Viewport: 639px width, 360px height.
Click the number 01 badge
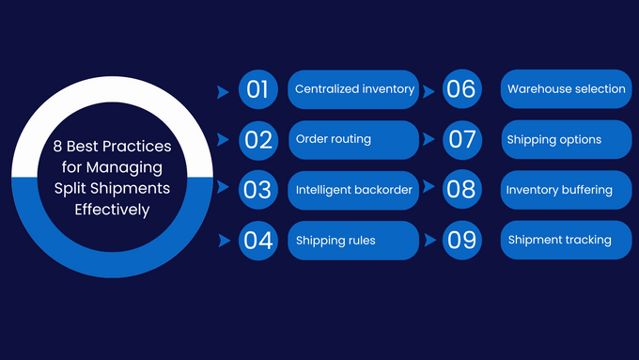257,89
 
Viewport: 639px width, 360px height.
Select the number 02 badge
257,139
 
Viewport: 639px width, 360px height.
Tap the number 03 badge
257,190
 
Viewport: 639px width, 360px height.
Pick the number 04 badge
257,240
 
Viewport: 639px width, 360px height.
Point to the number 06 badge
461,89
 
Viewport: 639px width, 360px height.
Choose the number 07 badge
461,139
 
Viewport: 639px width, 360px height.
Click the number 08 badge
461,190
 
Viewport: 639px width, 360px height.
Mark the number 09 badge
461,240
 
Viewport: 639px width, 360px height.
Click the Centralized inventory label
354,89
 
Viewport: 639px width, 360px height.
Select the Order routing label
334,139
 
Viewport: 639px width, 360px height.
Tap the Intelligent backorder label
354,190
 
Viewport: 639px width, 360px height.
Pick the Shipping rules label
335,241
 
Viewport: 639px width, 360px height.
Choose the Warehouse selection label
566,89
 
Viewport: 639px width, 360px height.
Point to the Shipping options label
553,140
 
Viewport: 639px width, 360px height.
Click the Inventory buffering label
559,190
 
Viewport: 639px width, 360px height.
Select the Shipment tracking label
559,240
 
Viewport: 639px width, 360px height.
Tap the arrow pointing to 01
223,92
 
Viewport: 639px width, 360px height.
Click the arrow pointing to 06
429,92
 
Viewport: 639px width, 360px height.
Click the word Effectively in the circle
112,210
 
